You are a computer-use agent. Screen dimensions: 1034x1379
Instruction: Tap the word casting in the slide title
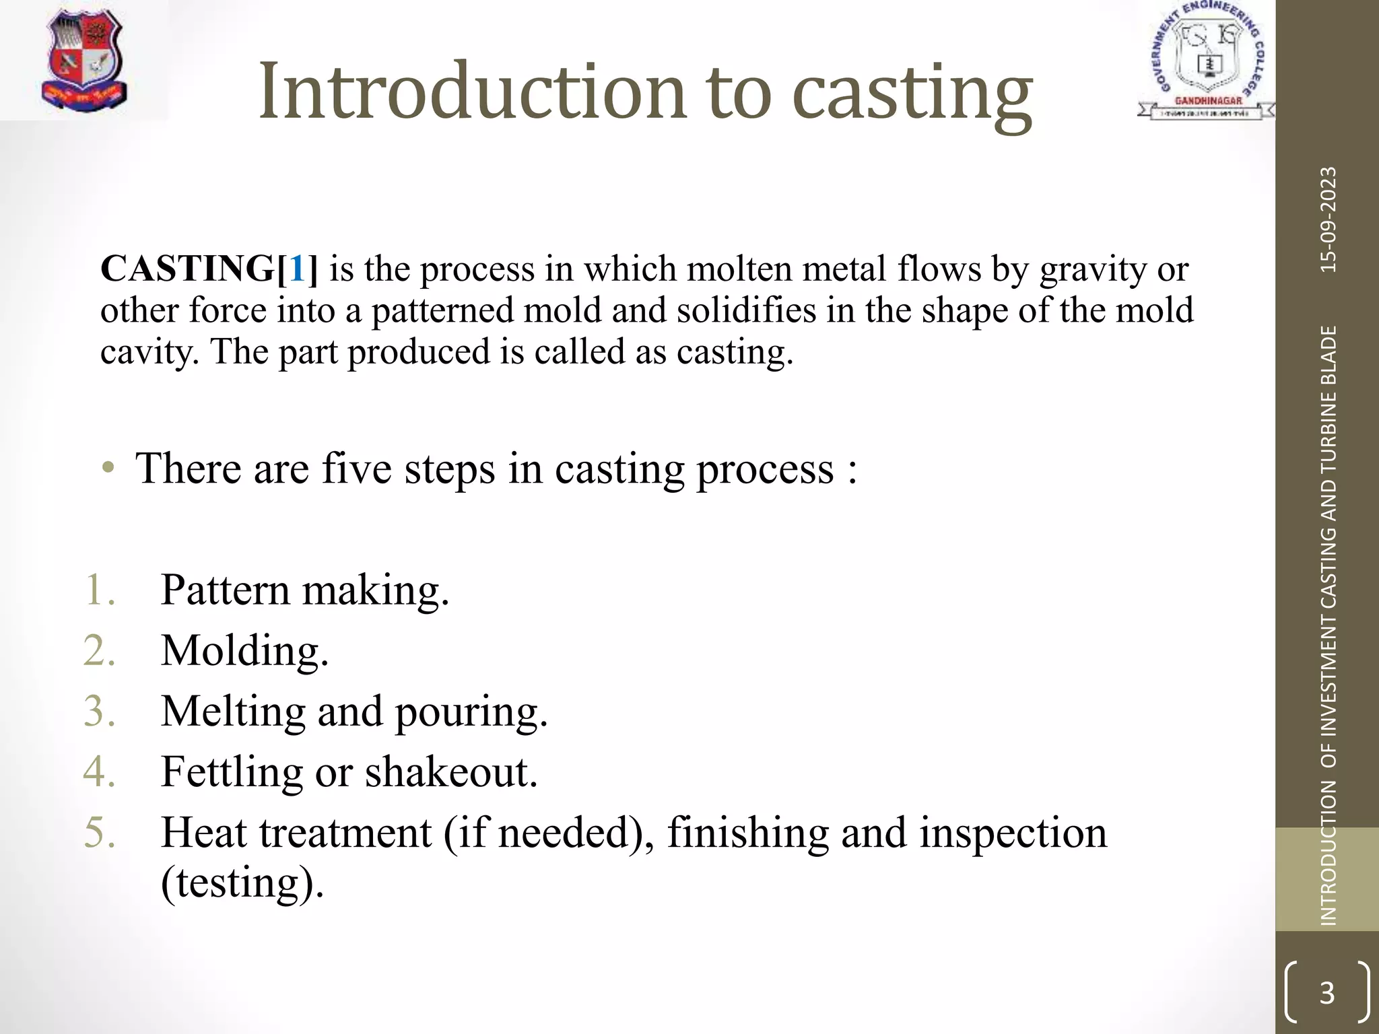[912, 94]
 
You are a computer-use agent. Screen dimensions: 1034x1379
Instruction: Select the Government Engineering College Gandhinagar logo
[1206, 61]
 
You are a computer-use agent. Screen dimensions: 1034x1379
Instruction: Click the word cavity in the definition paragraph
[148, 352]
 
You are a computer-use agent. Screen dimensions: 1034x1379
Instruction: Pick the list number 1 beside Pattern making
[100, 590]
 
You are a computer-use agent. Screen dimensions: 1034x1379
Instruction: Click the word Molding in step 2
[244, 651]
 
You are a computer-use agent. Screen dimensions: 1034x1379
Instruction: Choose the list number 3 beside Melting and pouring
[100, 711]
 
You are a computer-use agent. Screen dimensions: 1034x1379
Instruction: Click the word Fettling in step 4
[232, 772]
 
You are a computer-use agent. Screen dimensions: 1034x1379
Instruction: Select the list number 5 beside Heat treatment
[100, 832]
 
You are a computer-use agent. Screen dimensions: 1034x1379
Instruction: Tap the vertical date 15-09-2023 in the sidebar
[1328, 219]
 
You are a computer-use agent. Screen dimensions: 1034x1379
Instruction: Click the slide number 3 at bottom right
[1326, 992]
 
